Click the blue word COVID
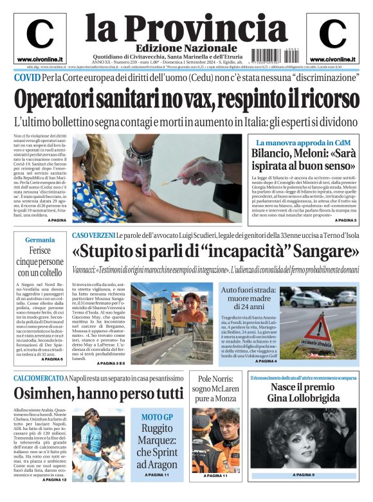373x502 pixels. tap(27, 78)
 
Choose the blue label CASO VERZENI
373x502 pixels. tap(93, 236)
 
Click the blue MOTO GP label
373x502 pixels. tap(156, 417)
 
